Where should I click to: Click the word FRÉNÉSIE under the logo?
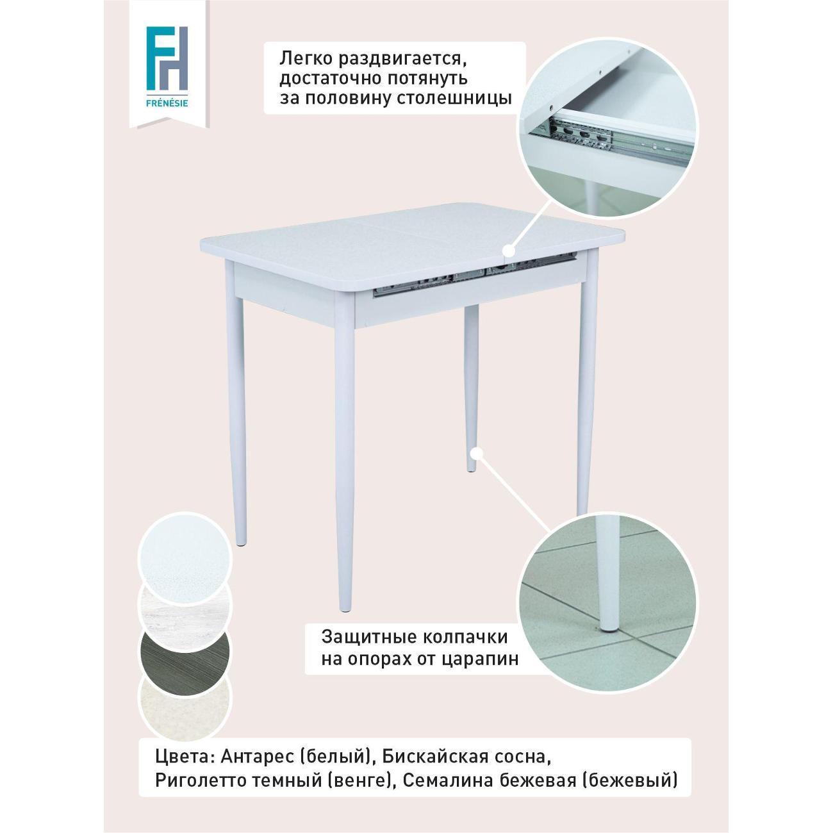pyautogui.click(x=167, y=104)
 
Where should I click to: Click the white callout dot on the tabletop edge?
pyautogui.click(x=510, y=250)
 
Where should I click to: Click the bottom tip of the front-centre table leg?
pyautogui.click(x=345, y=611)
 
